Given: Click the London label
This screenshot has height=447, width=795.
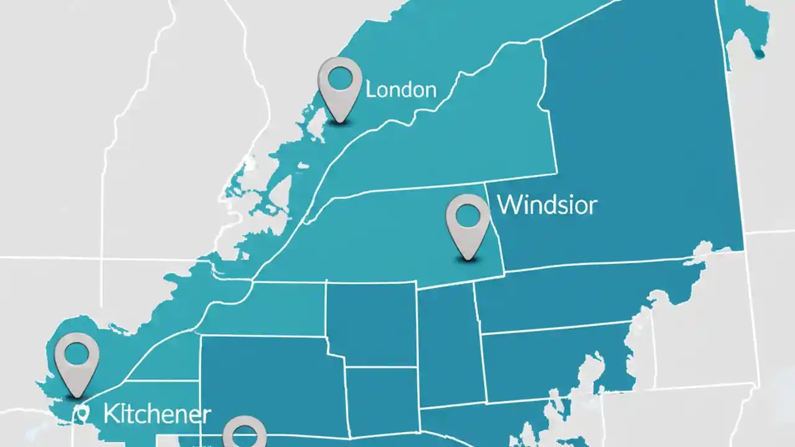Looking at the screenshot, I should pyautogui.click(x=401, y=89).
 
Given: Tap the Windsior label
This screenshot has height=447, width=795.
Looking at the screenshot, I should pyautogui.click(x=547, y=205).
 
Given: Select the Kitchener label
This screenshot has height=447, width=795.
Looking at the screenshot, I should pyautogui.click(x=157, y=414).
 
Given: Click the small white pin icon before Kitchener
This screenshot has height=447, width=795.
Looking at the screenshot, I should pyautogui.click(x=81, y=413).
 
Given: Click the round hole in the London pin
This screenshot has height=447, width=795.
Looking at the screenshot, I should pyautogui.click(x=340, y=78).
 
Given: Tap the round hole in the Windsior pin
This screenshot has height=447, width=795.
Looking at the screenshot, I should pyautogui.click(x=468, y=215).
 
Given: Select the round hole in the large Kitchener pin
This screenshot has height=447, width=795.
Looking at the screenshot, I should pyautogui.click(x=76, y=354).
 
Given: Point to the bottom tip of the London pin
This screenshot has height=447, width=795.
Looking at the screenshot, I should pyautogui.click(x=340, y=122).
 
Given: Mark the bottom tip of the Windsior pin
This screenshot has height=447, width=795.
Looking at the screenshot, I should pyautogui.click(x=468, y=259).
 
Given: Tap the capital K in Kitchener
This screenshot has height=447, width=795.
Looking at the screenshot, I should pyautogui.click(x=111, y=413).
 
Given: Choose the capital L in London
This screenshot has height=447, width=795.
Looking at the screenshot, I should pyautogui.click(x=370, y=90).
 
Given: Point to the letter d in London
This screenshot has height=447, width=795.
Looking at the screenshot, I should pyautogui.click(x=404, y=89).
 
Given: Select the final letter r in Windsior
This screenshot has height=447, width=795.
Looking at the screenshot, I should pyautogui.click(x=593, y=207).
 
